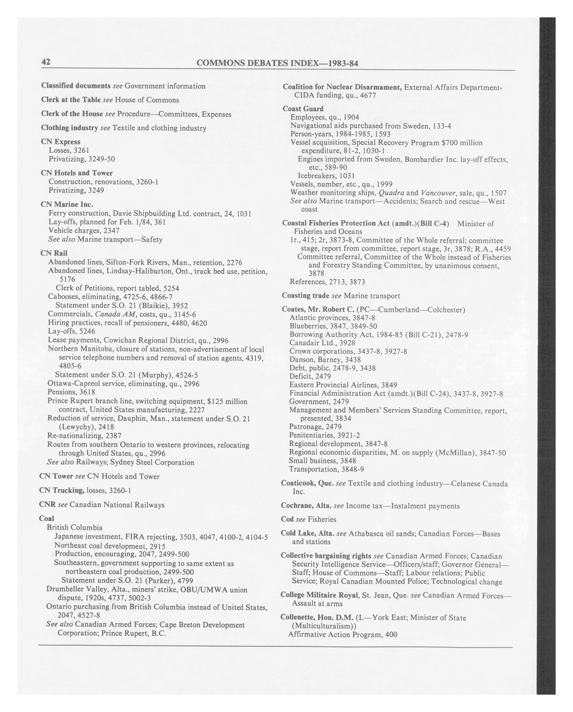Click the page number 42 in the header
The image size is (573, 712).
point(46,62)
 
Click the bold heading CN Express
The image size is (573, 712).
point(60,142)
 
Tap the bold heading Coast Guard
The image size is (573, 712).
point(303,109)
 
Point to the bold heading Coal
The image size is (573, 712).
point(46,518)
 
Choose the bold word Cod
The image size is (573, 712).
point(287,519)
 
